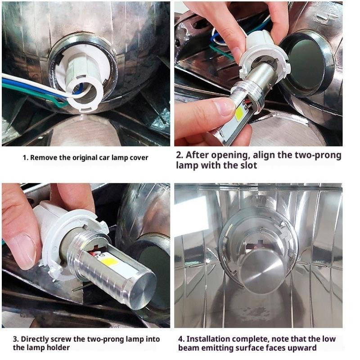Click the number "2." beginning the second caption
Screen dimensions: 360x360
[x=180, y=155]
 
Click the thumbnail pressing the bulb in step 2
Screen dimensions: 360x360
[x=223, y=107]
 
